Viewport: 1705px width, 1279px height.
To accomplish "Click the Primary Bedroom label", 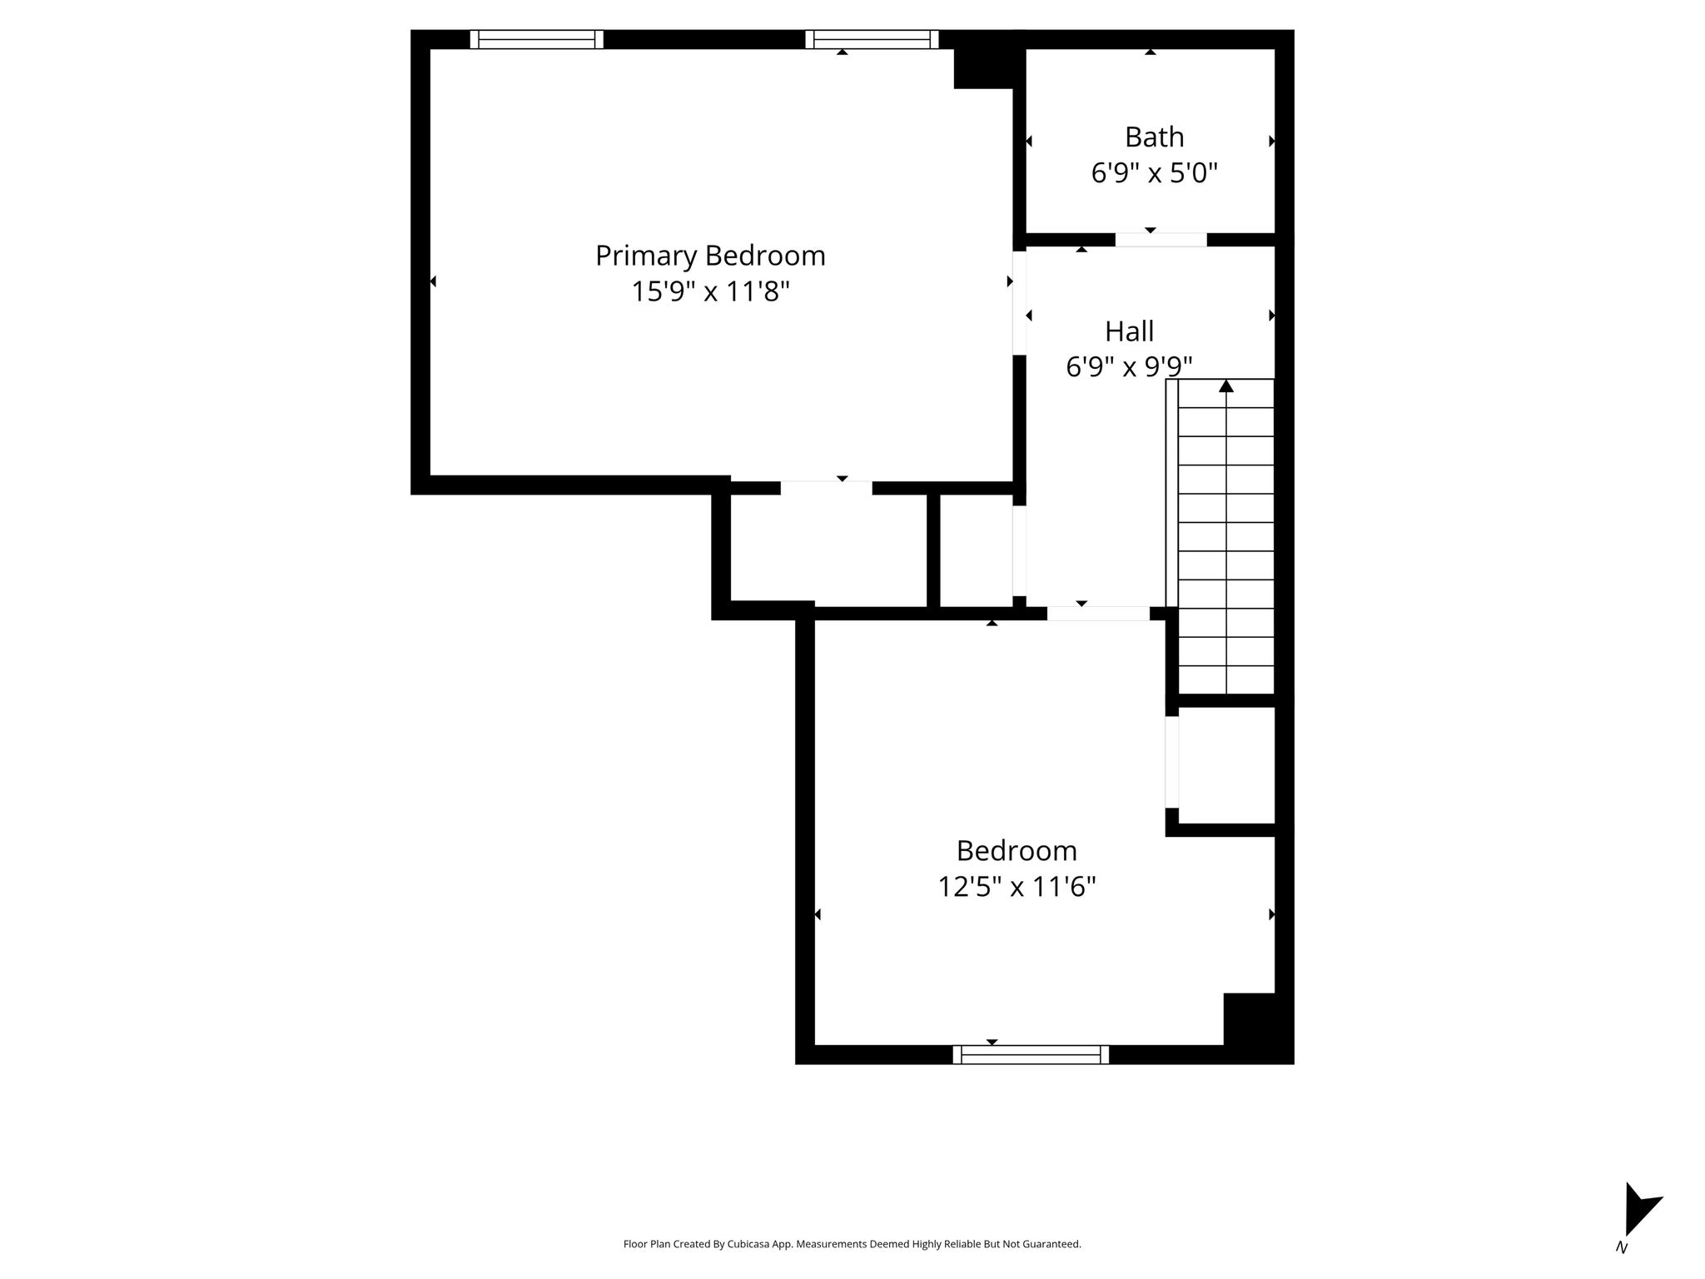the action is click(x=710, y=256).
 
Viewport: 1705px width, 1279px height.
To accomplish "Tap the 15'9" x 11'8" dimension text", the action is click(x=710, y=291).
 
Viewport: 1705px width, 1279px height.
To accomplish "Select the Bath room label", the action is click(x=1154, y=137).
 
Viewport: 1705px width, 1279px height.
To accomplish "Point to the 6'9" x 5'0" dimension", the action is click(x=1154, y=173).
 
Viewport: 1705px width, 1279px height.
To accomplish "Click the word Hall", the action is click(x=1129, y=331).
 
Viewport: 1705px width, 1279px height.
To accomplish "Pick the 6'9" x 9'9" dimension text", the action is click(x=1129, y=366).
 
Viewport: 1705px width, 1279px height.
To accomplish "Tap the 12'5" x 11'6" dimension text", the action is click(x=1017, y=887).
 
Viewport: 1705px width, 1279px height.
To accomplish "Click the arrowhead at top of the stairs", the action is click(x=1226, y=386).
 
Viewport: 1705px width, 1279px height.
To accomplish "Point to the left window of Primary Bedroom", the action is click(x=536, y=39).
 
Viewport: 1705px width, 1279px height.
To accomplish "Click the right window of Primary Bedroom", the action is click(x=872, y=39).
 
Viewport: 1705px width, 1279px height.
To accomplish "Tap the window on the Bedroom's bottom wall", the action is click(x=1031, y=1055).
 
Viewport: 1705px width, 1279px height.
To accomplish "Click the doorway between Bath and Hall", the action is click(x=1161, y=240).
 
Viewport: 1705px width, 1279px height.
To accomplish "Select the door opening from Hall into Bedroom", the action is click(x=1098, y=614).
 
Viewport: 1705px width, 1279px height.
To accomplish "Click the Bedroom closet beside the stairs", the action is click(x=1227, y=765).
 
